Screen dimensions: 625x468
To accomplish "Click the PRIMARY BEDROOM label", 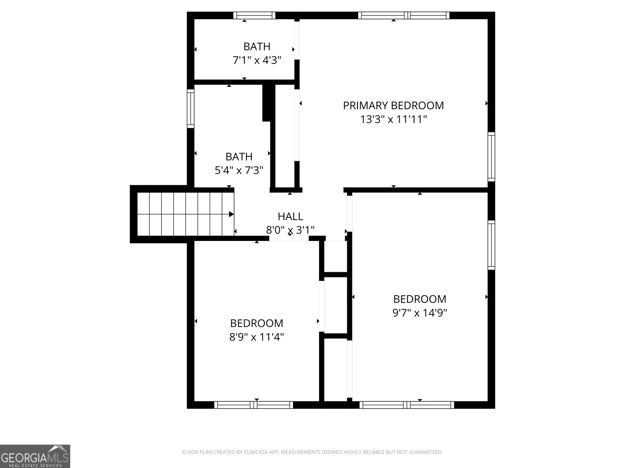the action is [393, 105].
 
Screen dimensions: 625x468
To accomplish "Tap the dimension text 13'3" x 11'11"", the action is [393, 119].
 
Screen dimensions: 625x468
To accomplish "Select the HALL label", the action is [290, 216].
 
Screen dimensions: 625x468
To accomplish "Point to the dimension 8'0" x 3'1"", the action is [290, 230].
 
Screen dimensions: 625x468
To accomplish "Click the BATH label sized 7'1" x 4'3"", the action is [257, 46].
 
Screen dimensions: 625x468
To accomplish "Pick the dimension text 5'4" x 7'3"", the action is [239, 170].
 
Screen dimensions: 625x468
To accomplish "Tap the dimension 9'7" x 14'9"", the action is [420, 312].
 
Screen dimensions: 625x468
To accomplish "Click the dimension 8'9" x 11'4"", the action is [257, 337].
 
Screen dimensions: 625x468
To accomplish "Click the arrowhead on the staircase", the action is [232, 214].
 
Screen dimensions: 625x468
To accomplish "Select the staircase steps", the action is [186, 214].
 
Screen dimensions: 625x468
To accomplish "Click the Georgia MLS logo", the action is [35, 456].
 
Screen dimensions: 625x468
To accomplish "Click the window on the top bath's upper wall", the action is [254, 15].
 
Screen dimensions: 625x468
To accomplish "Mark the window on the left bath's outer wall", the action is [191, 108].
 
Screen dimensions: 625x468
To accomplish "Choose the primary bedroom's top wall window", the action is [404, 15].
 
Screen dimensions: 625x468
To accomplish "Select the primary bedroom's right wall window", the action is [491, 156].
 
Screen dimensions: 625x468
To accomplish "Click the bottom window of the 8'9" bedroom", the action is [254, 405].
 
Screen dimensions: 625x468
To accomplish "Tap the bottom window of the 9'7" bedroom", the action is [407, 405].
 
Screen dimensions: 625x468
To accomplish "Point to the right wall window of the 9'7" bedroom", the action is [491, 245].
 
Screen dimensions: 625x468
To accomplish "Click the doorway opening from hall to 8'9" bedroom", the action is [289, 238].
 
